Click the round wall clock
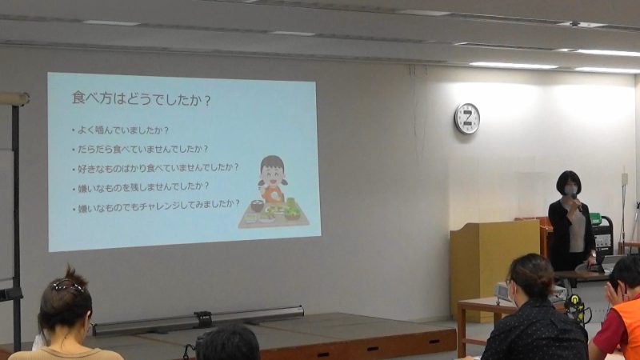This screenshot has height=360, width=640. pyautogui.click(x=467, y=118)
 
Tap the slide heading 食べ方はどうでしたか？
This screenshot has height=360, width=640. pyautogui.click(x=142, y=98)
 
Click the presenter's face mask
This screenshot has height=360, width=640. pyautogui.click(x=570, y=190)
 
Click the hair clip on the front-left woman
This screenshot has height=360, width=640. pyautogui.click(x=67, y=286)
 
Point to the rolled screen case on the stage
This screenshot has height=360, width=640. pyautogui.click(x=198, y=320)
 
